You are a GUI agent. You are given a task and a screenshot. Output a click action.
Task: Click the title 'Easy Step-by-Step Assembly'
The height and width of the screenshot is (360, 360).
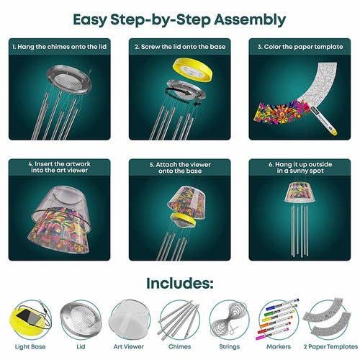tap(179, 19)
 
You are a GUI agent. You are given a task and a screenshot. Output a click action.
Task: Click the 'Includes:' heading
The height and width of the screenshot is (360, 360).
tap(179, 284)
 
